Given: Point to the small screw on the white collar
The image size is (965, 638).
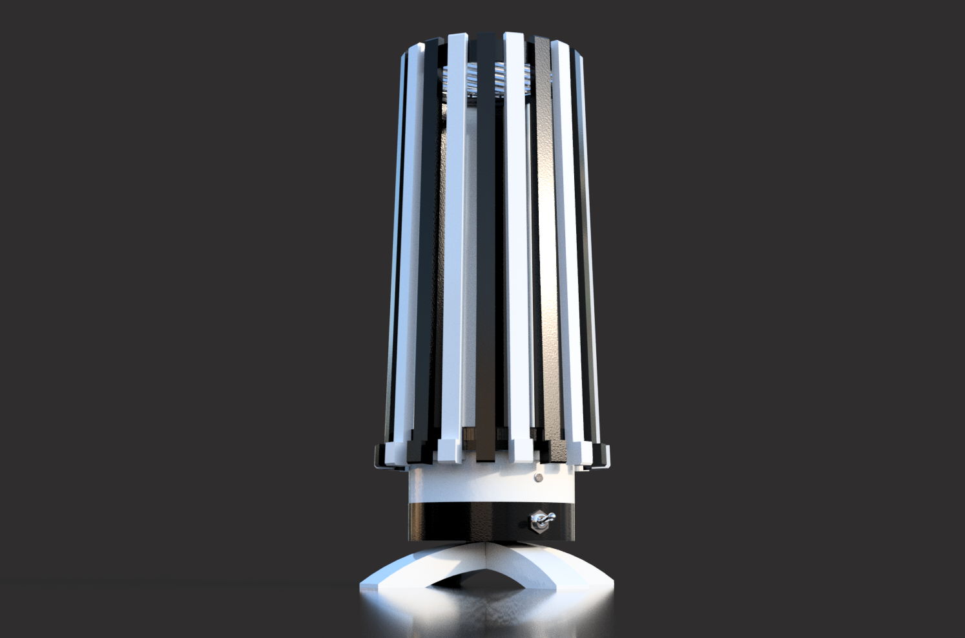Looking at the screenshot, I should coord(537,478).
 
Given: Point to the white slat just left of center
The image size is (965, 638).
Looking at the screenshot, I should coord(452,246).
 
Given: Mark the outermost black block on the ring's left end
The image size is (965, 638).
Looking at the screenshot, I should coord(379,456).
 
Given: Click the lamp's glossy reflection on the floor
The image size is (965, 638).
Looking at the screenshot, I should coord(484,614).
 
